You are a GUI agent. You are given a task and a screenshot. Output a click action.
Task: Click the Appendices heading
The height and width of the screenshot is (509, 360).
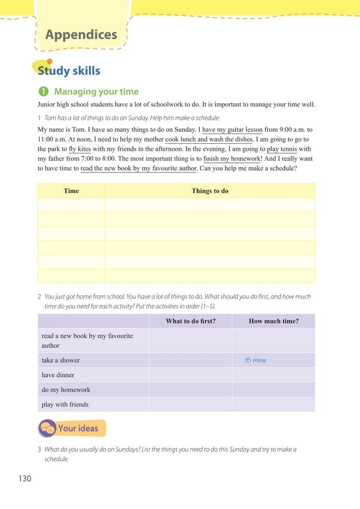[81, 35]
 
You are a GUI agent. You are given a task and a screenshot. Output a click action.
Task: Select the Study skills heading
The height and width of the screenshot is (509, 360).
[69, 71]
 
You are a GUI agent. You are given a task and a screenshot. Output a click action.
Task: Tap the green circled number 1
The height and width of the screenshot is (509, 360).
[44, 92]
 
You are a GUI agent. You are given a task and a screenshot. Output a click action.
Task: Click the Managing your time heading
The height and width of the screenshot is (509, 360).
[96, 92]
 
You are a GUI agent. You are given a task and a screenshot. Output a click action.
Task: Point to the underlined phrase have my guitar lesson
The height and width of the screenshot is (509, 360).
[232, 130]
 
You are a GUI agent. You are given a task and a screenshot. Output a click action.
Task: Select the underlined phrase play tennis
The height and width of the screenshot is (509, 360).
[282, 149]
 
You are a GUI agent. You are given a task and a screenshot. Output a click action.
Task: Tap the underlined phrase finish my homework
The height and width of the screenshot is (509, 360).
[232, 159]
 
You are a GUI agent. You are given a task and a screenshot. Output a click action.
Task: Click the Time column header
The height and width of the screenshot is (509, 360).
[71, 191]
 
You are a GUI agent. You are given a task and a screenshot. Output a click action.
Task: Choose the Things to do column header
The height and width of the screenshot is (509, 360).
[210, 191]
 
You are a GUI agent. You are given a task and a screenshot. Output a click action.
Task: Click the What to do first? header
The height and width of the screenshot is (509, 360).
[191, 321]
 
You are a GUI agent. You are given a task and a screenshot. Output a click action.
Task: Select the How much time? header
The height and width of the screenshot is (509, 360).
[273, 321]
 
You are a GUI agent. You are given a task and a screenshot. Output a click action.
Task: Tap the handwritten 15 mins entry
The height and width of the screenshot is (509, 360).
[255, 361]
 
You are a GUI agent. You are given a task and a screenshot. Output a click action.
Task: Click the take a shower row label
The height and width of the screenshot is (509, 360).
[61, 361]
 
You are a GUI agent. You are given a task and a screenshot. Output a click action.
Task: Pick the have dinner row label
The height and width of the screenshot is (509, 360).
[58, 375]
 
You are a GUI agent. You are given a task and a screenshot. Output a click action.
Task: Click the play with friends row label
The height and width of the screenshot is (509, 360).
[65, 404]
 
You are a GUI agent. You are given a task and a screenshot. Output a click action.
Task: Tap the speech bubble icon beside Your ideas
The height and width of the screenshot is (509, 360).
[47, 428]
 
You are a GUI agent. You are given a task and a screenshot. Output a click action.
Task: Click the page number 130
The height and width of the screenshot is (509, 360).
[25, 479]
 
